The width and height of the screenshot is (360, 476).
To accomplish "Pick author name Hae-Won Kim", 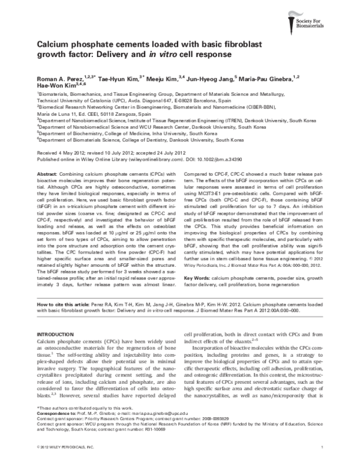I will pyautogui.click(x=55, y=86).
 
